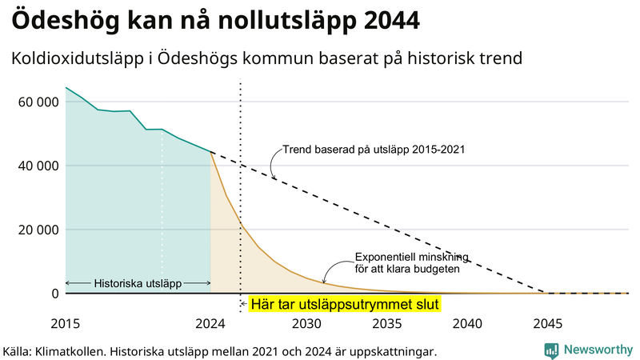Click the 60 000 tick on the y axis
click(37, 102)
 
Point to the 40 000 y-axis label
click(37, 166)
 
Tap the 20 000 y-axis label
click(37, 230)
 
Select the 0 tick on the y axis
click(54, 294)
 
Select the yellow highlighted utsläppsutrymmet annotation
click(345, 305)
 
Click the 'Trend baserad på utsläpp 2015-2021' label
click(374, 149)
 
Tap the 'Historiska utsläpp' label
click(138, 283)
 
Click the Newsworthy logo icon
click(551, 350)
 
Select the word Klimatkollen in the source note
click(70, 350)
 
